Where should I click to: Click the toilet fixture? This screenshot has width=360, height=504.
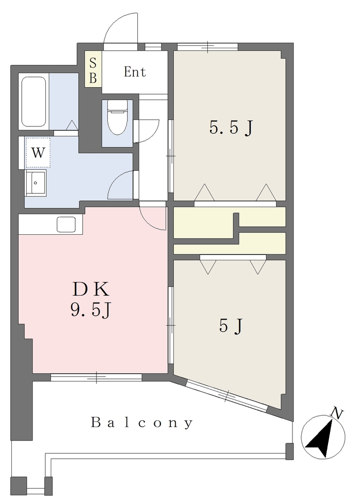(117, 117)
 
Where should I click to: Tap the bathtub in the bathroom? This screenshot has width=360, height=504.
(34, 101)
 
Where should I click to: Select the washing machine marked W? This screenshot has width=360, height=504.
(38, 153)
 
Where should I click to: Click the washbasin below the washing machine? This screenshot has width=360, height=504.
(36, 182)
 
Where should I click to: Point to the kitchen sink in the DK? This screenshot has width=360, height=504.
(66, 224)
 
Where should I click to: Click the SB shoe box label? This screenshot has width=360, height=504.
(93, 71)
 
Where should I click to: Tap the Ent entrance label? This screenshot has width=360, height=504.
(135, 72)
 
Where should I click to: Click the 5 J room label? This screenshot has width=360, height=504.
(230, 327)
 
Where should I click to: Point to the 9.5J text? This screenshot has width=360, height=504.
(91, 310)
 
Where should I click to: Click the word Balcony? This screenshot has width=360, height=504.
(142, 423)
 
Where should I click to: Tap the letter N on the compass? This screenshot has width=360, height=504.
(337, 413)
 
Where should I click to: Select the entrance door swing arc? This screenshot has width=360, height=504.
(117, 23)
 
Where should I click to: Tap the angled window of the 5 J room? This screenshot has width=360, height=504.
(227, 396)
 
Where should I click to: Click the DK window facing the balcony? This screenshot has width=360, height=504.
(96, 378)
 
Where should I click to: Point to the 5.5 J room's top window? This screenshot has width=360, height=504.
(207, 47)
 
